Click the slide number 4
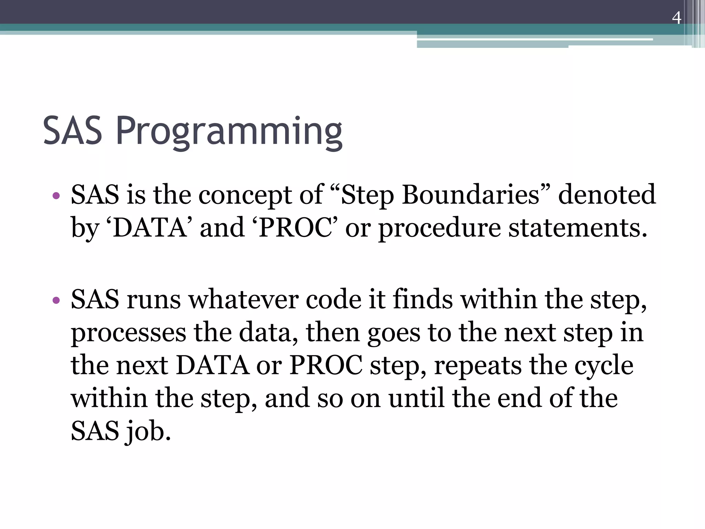676,18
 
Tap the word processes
128,333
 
